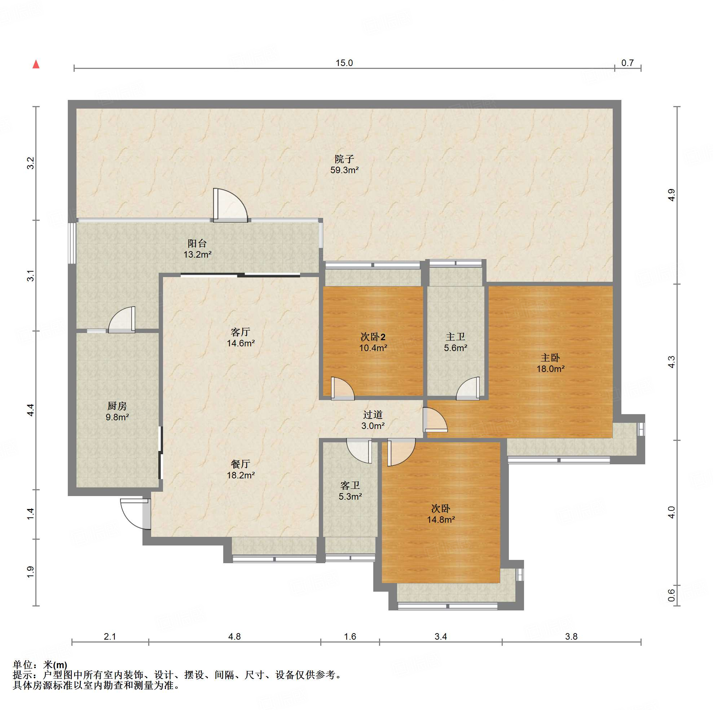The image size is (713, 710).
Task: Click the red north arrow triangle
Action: [x=36, y=64]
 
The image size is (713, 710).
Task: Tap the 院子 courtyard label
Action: [x=344, y=159]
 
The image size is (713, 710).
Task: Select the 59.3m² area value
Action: [x=344, y=170]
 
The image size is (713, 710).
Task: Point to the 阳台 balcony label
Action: [x=197, y=243]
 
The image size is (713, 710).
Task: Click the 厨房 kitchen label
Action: [x=117, y=406]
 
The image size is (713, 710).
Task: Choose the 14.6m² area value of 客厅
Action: [x=241, y=343]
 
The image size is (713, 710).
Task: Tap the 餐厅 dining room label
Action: [x=241, y=464]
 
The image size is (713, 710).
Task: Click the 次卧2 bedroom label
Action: [x=373, y=337]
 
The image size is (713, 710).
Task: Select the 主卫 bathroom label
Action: [x=455, y=337]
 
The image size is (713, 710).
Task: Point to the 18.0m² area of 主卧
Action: [x=550, y=368]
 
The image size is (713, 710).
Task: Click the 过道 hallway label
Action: [x=373, y=415]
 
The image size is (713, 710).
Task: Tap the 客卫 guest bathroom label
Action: [x=350, y=486]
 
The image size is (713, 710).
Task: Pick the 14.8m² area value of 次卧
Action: [x=441, y=520]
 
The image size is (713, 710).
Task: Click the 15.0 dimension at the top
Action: [x=344, y=63]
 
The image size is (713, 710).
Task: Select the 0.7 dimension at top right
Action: [x=628, y=63]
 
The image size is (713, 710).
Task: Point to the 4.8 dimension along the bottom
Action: [x=234, y=636]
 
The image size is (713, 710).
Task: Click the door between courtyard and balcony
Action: [x=230, y=206]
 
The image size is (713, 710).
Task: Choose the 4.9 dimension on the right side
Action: [x=671, y=195]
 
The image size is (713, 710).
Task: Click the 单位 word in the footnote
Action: [x=22, y=665]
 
